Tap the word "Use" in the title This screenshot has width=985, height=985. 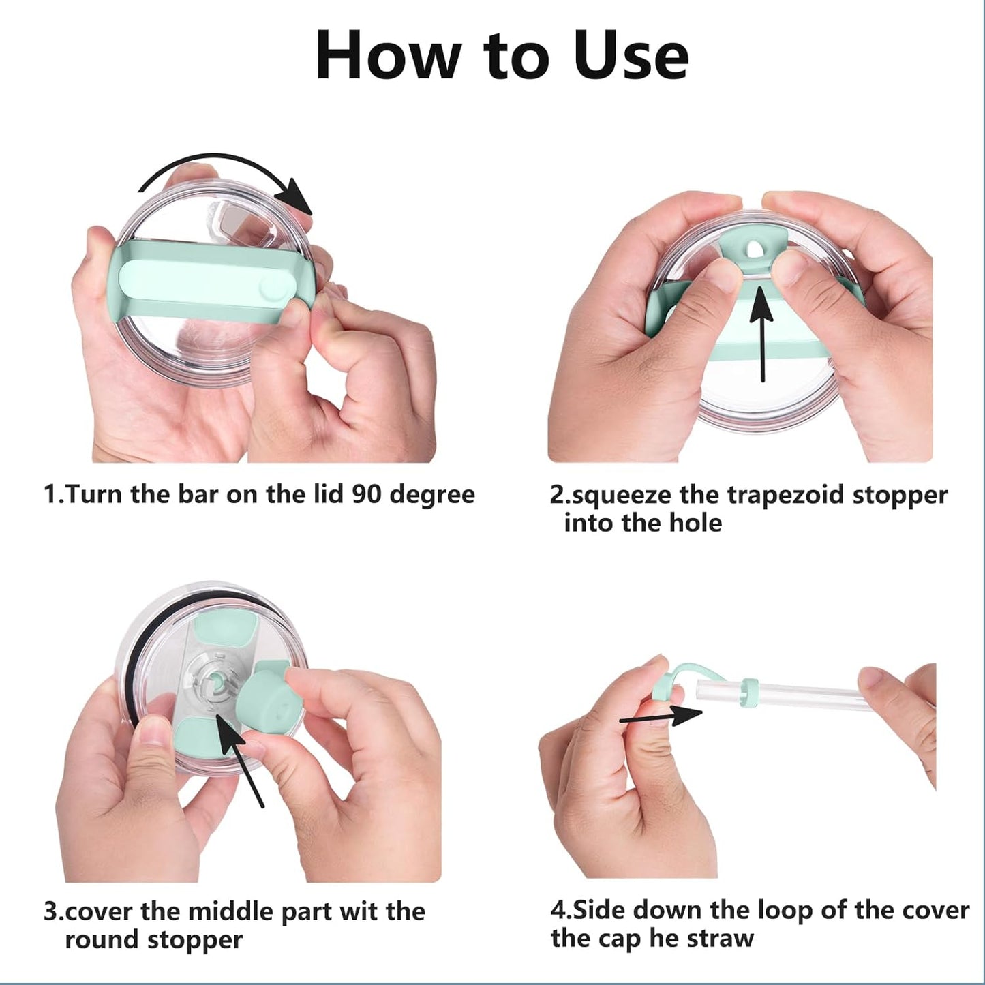click(x=631, y=56)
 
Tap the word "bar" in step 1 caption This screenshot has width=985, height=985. click(x=198, y=494)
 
